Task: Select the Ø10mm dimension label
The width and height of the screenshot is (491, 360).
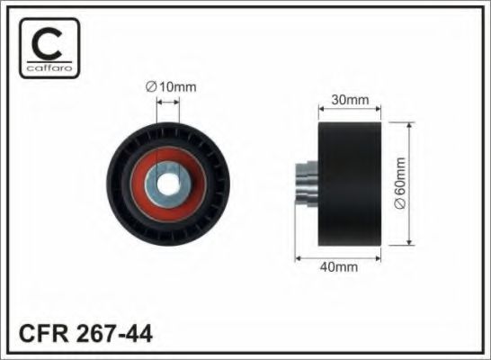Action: tap(171, 86)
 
